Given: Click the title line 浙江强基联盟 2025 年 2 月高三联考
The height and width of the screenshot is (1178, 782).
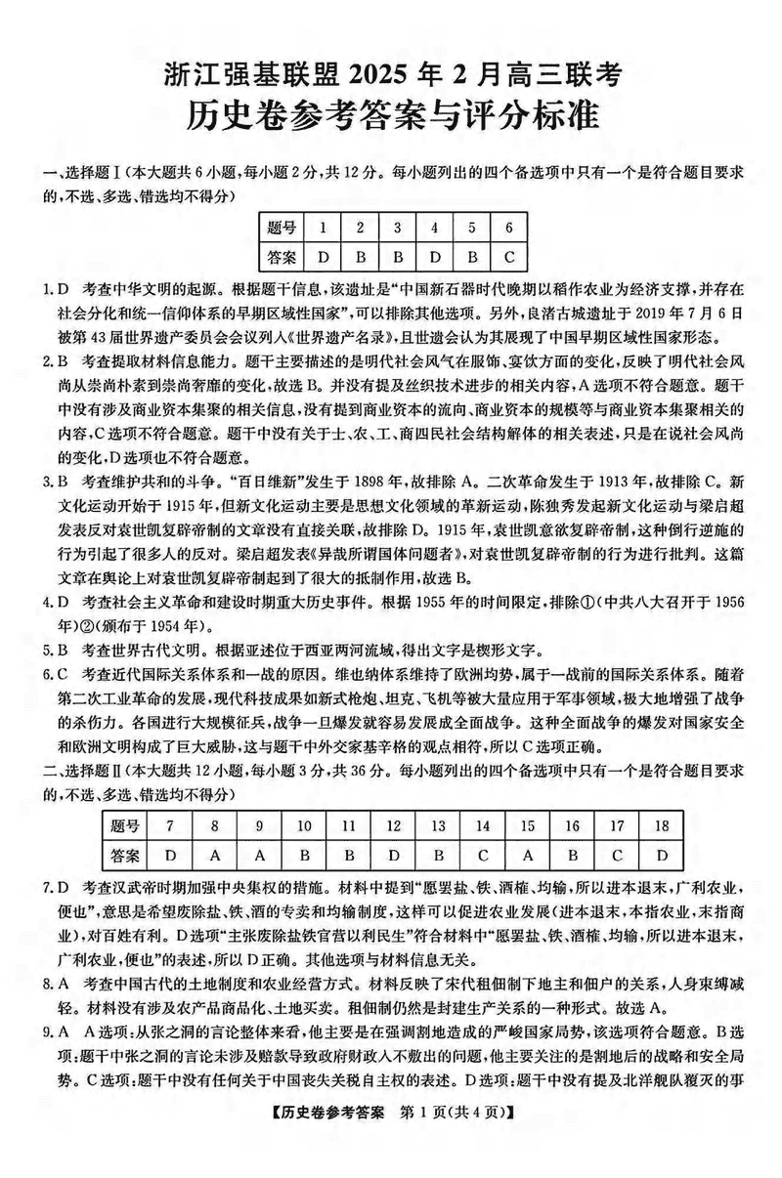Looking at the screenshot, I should click(391, 73).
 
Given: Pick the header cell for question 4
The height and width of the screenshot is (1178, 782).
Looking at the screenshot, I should click(434, 228).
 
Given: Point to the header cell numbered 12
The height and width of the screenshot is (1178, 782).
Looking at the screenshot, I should click(393, 825).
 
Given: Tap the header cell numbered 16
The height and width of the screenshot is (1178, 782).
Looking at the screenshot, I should click(572, 825).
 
